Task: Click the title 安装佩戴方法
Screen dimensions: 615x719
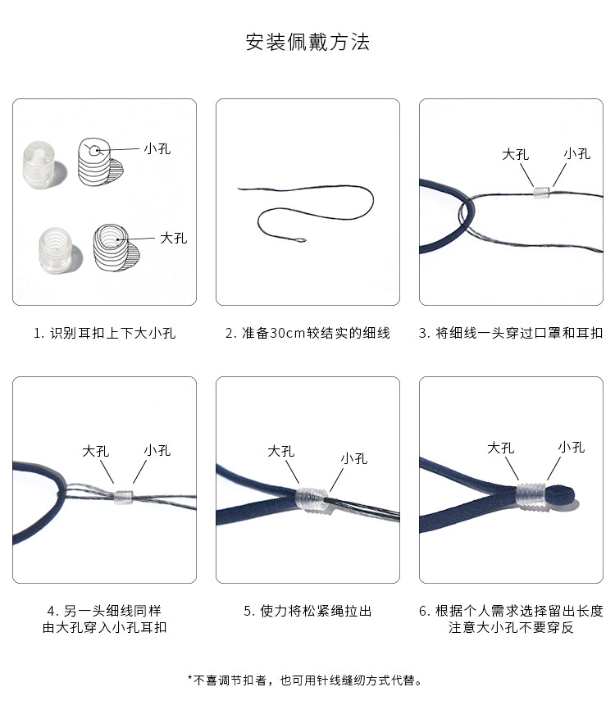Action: (x=307, y=42)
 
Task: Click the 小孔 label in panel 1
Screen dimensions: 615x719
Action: (x=157, y=148)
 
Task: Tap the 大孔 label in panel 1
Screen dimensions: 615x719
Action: (x=173, y=238)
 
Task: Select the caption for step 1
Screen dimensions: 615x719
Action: (x=105, y=333)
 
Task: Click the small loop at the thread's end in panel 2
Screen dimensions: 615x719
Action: (x=300, y=240)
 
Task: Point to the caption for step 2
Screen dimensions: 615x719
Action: (x=307, y=333)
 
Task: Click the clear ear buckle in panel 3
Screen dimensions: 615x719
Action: (x=541, y=193)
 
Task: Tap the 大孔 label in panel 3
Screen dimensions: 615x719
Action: (x=516, y=154)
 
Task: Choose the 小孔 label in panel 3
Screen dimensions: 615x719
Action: (x=577, y=153)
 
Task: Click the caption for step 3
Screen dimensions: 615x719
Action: (x=511, y=333)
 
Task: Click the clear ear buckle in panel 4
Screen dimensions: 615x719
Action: (x=123, y=497)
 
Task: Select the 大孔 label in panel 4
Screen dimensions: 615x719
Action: (x=95, y=451)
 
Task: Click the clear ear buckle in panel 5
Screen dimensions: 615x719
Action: (x=312, y=498)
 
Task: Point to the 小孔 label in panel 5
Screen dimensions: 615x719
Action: (x=354, y=458)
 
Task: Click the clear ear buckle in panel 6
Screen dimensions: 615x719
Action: (x=531, y=496)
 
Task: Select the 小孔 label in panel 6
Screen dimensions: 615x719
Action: (x=572, y=447)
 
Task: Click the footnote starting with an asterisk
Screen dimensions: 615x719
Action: (x=304, y=680)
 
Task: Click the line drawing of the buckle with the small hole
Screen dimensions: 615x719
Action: (x=98, y=162)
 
